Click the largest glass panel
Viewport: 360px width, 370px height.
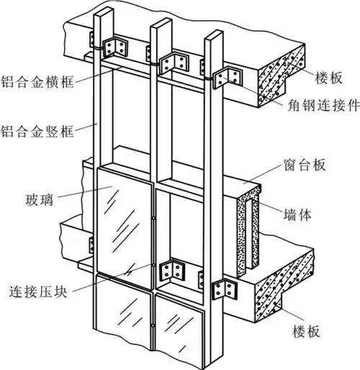(x=122, y=220)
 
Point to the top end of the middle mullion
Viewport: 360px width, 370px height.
(x=160, y=24)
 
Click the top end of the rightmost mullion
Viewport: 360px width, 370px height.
(x=214, y=35)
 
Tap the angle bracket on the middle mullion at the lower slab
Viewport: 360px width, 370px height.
(x=173, y=271)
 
